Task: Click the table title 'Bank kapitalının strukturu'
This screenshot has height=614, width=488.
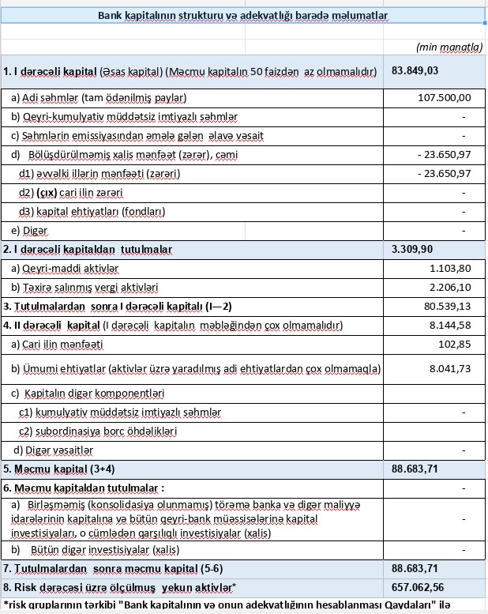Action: (242, 16)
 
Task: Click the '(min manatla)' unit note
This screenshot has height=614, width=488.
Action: (449, 47)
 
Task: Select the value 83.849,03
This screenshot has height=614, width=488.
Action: (415, 71)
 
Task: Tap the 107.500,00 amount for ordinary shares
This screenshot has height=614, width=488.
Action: (444, 98)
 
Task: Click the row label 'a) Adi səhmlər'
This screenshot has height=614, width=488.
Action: (98, 98)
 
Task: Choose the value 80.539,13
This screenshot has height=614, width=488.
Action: (446, 306)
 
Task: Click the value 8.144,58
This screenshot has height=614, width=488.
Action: (449, 325)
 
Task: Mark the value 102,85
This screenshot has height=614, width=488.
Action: (454, 345)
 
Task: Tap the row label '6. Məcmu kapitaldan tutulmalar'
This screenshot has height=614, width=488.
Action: (84, 488)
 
